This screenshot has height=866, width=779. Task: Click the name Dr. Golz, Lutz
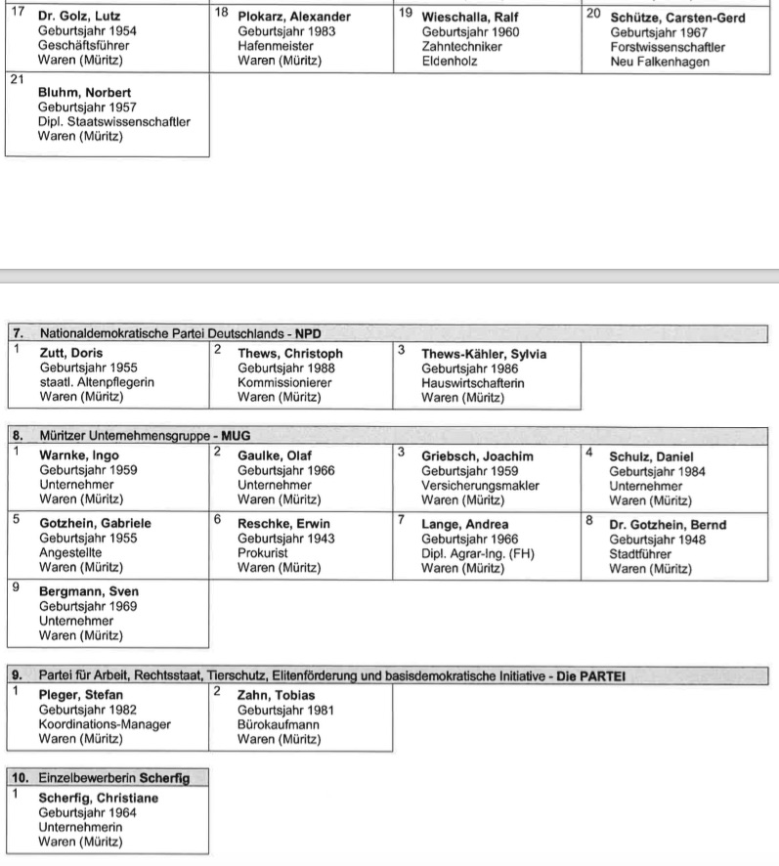pyautogui.click(x=79, y=17)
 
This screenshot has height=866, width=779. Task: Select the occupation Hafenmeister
pyautogui.click(x=275, y=46)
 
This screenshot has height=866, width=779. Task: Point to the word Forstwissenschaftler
pyautogui.click(x=668, y=47)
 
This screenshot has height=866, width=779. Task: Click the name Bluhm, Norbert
pyautogui.click(x=84, y=93)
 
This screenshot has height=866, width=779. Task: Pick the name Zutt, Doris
pyautogui.click(x=70, y=353)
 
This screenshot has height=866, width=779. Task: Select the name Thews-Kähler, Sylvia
pyautogui.click(x=484, y=354)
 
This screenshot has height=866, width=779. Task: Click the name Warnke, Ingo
pyautogui.click(x=78, y=455)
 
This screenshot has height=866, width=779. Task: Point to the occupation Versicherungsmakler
pyautogui.click(x=480, y=485)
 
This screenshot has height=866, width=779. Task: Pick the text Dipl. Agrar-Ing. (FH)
pyautogui.click(x=478, y=553)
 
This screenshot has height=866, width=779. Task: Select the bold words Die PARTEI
pyautogui.click(x=590, y=675)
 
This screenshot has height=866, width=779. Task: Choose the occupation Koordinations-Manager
pyautogui.click(x=105, y=724)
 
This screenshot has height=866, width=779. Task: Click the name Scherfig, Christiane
pyautogui.click(x=98, y=798)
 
